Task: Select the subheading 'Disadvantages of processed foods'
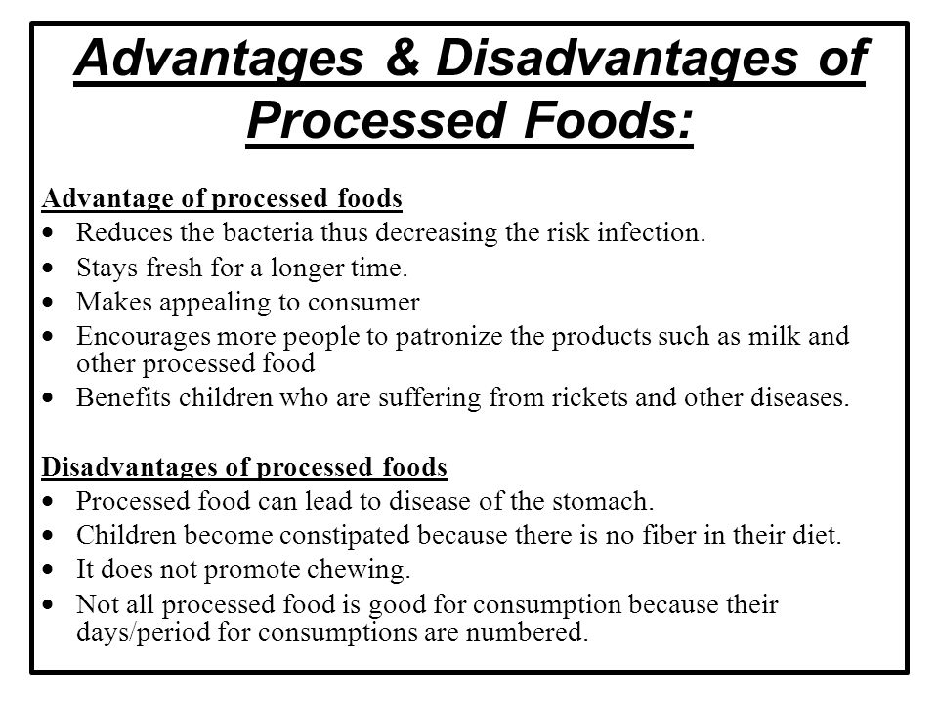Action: click(x=244, y=468)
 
